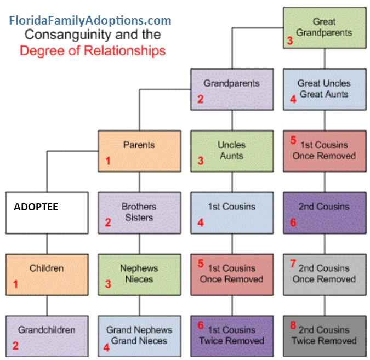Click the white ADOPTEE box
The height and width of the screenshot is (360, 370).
pyautogui.click(x=47, y=213)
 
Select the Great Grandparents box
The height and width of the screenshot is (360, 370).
pyautogui.click(x=325, y=27)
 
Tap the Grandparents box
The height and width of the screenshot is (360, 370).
pyautogui.click(x=231, y=89)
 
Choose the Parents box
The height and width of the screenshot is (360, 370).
pyautogui.click(x=139, y=151)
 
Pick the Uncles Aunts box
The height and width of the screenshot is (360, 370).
pyautogui.click(x=231, y=151)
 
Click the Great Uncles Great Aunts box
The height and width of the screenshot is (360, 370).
pyautogui.click(x=325, y=89)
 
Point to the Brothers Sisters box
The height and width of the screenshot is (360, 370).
pyautogui.click(x=139, y=213)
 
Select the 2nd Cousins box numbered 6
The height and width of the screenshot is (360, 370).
pyautogui.click(x=325, y=213)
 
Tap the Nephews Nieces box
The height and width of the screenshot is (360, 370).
pyautogui.click(x=139, y=274)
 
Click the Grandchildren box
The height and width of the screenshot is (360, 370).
pyautogui.click(x=47, y=335)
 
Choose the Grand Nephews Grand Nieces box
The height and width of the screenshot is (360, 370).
pyautogui.click(x=139, y=335)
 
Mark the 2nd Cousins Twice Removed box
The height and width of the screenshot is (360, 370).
pyautogui.click(x=325, y=335)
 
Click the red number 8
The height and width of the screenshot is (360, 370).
pyautogui.click(x=293, y=326)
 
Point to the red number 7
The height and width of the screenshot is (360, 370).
pyautogui.click(x=293, y=264)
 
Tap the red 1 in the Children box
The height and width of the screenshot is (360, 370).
pyautogui.click(x=15, y=284)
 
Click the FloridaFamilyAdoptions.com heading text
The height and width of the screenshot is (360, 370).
pyautogui.click(x=90, y=21)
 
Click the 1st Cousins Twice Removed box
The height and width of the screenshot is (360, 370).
pyautogui.click(x=231, y=335)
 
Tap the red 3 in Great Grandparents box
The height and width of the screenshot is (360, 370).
pyautogui.click(x=290, y=41)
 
